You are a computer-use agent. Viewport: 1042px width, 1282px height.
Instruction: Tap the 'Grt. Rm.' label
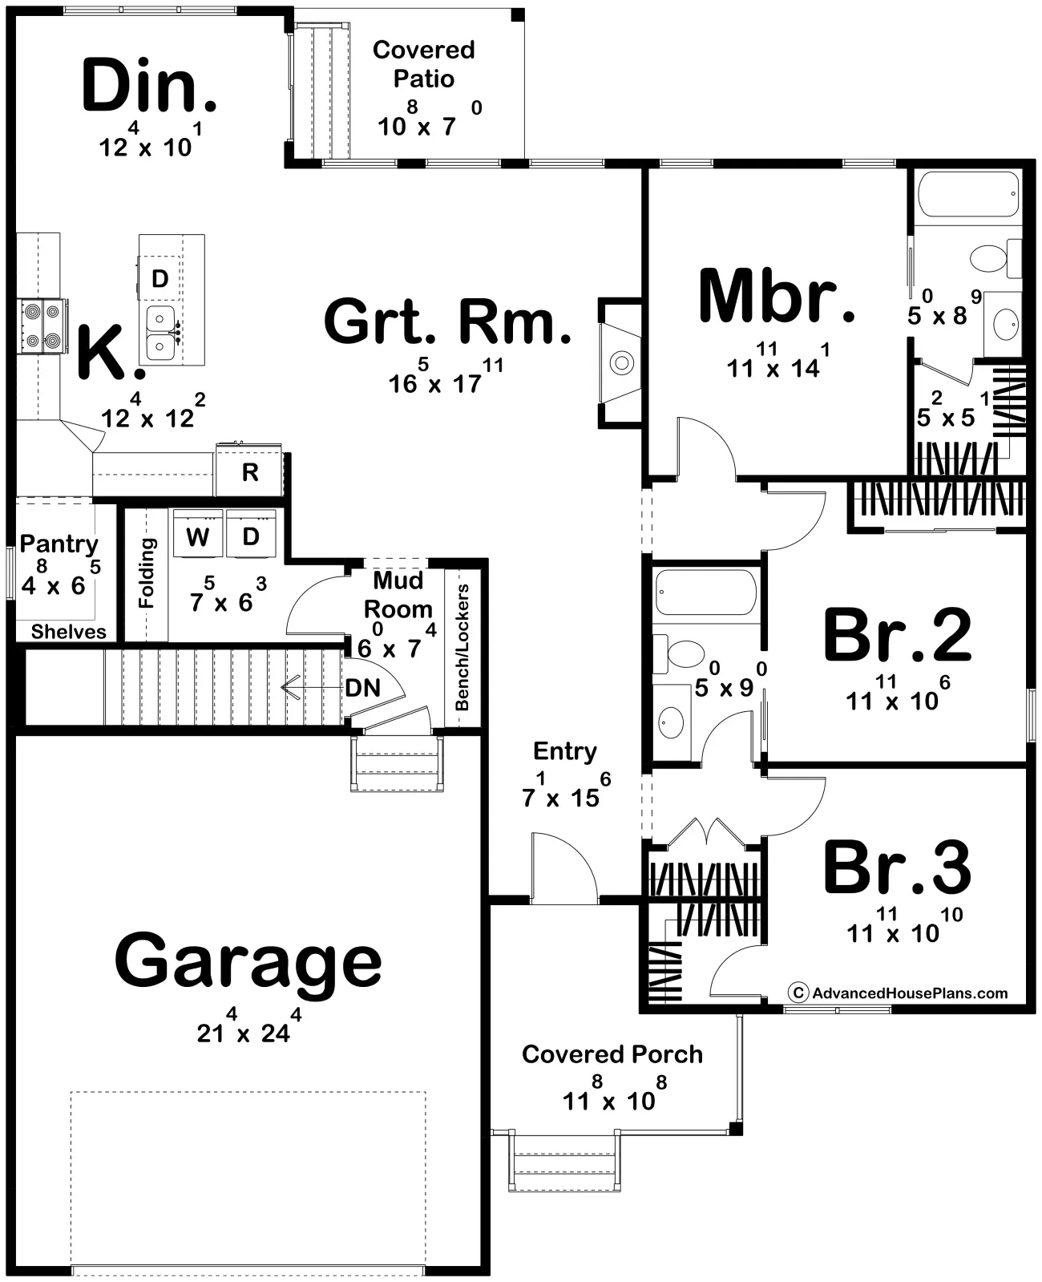tap(447, 322)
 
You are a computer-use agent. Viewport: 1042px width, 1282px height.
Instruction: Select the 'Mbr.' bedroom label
tap(776, 297)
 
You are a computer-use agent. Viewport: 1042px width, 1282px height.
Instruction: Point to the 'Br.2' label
tap(897, 634)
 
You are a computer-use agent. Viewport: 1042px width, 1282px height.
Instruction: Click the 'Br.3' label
tap(897, 867)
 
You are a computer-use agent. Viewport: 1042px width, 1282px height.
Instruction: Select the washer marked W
tap(198, 534)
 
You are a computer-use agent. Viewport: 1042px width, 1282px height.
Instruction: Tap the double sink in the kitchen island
tap(162, 333)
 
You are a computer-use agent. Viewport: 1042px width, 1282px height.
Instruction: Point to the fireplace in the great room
tap(620, 362)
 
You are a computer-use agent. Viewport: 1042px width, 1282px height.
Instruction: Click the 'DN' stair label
tap(363, 687)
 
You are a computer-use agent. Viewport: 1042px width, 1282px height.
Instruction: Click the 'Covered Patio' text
tap(423, 64)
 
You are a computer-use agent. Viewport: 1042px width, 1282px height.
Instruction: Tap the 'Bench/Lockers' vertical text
tap(462, 647)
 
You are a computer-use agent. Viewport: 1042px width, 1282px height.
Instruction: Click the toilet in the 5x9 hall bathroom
tap(679, 653)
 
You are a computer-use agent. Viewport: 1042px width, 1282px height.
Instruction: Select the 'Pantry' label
tap(59, 544)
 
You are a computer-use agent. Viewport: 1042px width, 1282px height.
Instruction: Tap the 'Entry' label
tap(565, 751)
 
